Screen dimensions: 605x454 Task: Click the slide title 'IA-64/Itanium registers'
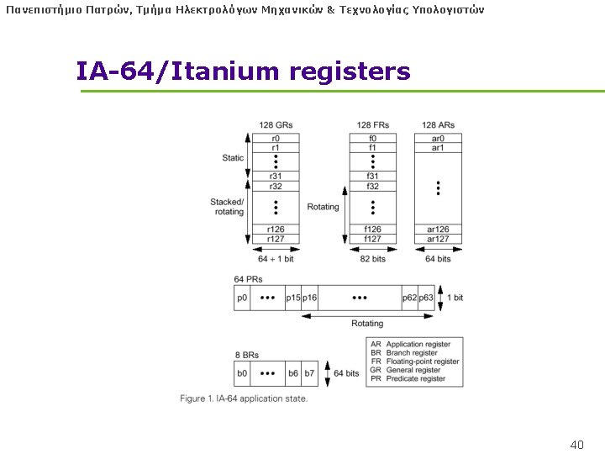click(x=243, y=71)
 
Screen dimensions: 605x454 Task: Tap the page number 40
click(x=576, y=444)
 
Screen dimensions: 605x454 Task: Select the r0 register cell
click(x=276, y=138)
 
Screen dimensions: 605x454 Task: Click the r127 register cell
click(x=276, y=239)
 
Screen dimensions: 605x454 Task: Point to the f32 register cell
click(x=372, y=186)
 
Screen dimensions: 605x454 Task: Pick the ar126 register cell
click(x=438, y=229)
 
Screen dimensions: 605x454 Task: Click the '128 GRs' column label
click(x=276, y=125)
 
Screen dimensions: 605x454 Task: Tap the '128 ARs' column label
click(x=438, y=125)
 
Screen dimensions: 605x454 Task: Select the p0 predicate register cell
click(x=243, y=298)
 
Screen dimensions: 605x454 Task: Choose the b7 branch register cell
click(x=309, y=373)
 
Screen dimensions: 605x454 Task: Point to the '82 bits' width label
click(x=372, y=259)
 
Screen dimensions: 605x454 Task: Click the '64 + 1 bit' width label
click(x=276, y=259)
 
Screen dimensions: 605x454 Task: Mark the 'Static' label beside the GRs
click(x=233, y=158)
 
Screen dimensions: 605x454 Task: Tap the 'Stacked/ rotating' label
click(x=227, y=207)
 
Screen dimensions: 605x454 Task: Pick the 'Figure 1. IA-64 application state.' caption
click(x=244, y=399)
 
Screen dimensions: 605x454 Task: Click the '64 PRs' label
click(x=248, y=278)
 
